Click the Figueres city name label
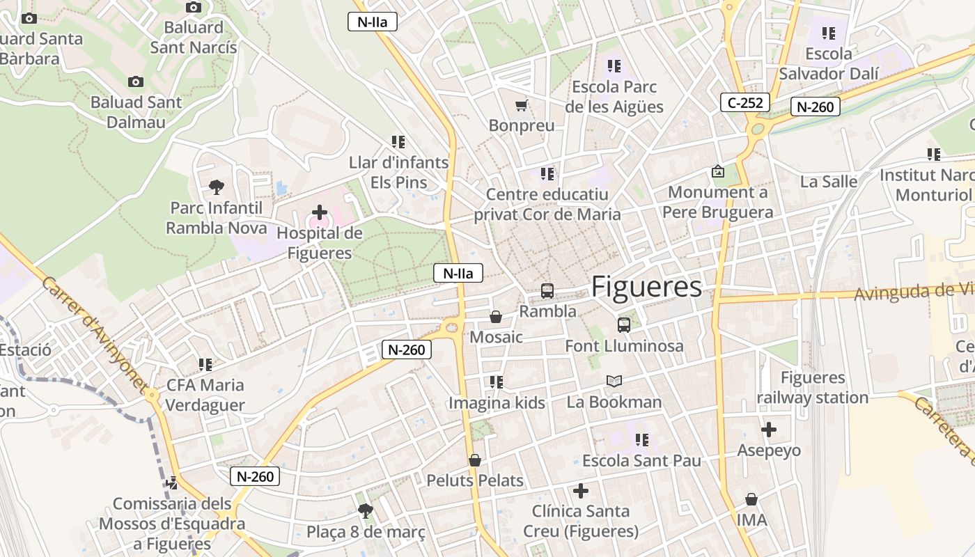[x=646, y=287]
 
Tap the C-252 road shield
[x=744, y=103]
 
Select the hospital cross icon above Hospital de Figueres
[x=320, y=212]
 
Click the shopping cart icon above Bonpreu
[x=521, y=106]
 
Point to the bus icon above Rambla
[x=547, y=290]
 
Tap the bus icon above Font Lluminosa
[x=623, y=324]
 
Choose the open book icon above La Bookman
[x=614, y=381]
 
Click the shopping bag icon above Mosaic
[x=496, y=317]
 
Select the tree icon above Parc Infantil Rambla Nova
[x=217, y=187]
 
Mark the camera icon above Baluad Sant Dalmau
[x=136, y=81]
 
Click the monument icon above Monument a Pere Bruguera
[x=717, y=171]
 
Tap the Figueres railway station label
[x=813, y=388]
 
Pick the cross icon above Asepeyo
[x=769, y=430]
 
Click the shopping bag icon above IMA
[x=751, y=499]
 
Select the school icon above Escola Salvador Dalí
[x=828, y=33]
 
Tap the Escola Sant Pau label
[x=641, y=461]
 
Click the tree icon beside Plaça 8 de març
[x=365, y=512]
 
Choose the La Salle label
[x=829, y=182]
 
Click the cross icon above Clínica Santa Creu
[x=581, y=491]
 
